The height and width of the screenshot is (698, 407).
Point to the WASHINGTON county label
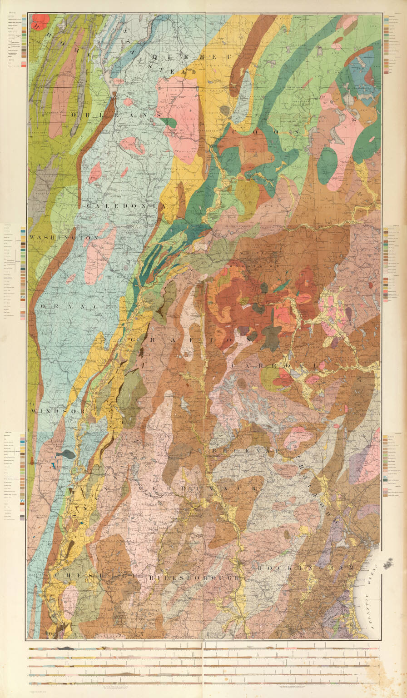click(x=64, y=238)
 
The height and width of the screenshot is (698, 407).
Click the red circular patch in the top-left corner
click(x=40, y=20)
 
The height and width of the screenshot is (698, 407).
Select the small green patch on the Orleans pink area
click(x=169, y=122)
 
